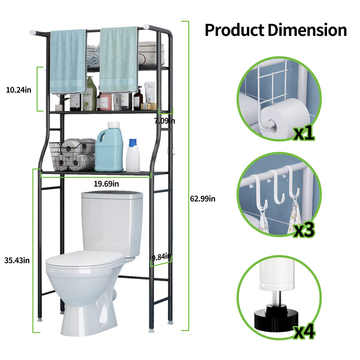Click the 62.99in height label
[x=203, y=199]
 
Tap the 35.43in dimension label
[x=17, y=261]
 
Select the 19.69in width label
[x=106, y=184]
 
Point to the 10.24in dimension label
[x=19, y=90]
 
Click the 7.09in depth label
[x=165, y=121]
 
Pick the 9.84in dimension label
[x=161, y=257]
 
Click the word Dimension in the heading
[x=307, y=30]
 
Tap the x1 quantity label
[x=304, y=133]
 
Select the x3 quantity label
[x=304, y=230]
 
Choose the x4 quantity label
[x=304, y=331]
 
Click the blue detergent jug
[x=109, y=147]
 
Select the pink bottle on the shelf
[x=106, y=101]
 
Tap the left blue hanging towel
[x=68, y=62]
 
